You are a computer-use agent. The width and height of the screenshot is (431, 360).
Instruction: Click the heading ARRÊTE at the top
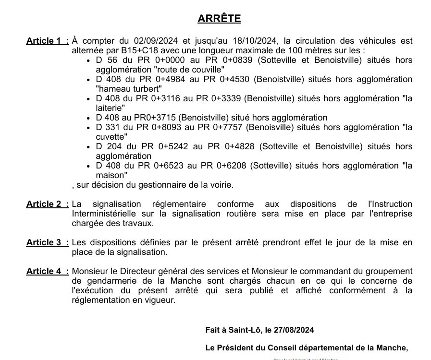pos(219,19)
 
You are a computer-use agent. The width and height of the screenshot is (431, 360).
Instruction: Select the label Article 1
pos(47,41)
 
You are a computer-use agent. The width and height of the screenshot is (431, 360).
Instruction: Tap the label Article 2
pos(47,204)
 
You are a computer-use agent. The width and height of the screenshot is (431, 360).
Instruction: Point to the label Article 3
pos(47,242)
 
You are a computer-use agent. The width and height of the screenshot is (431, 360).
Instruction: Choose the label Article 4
pos(47,271)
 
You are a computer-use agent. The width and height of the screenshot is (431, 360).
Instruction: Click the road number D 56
pos(106,60)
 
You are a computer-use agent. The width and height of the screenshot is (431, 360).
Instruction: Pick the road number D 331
pos(108,127)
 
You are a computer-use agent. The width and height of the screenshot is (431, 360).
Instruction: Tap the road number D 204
pos(109,146)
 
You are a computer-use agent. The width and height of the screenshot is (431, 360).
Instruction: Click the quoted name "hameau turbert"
pos(129,89)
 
